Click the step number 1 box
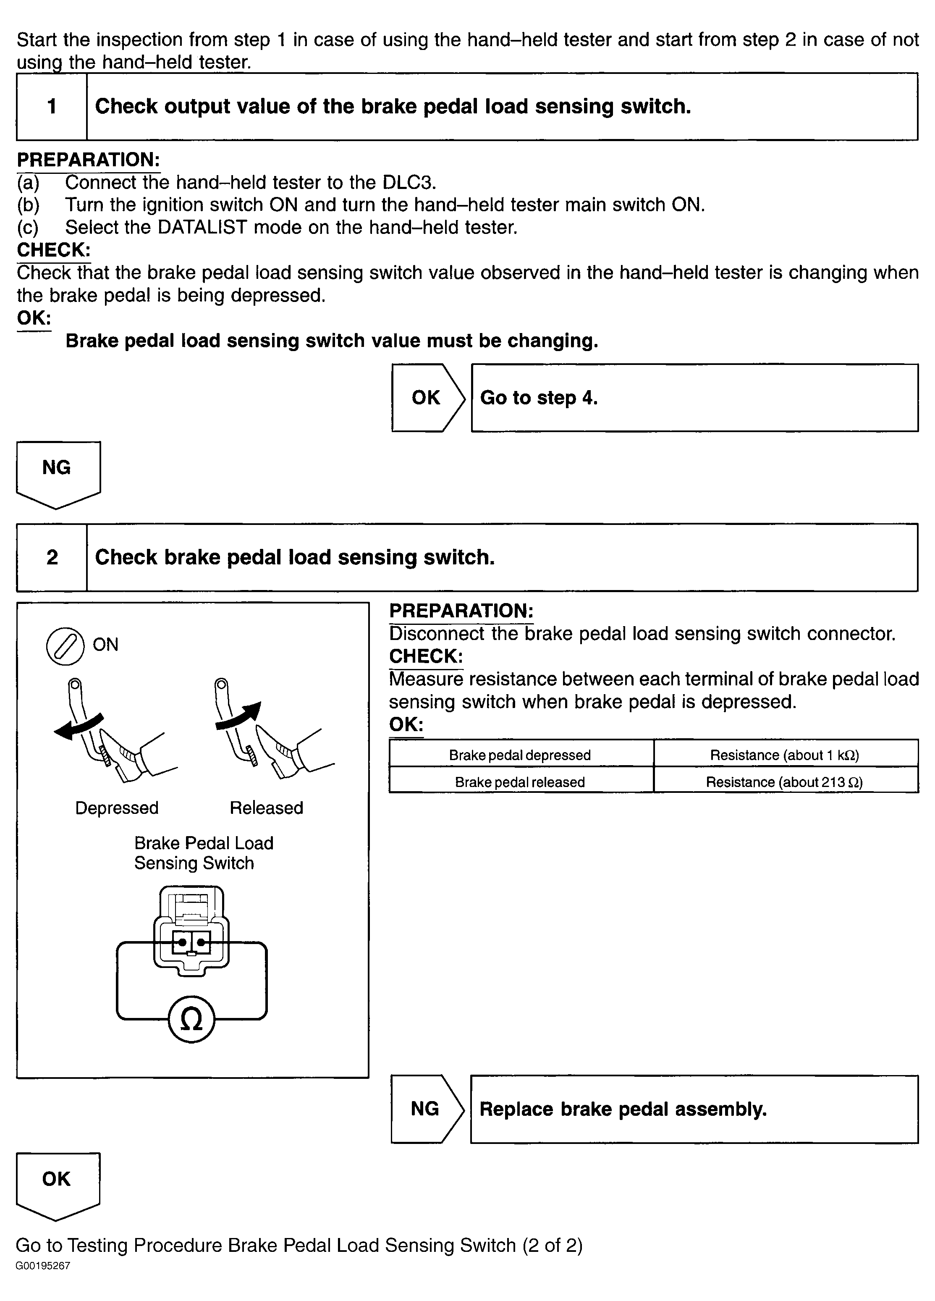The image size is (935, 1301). [x=52, y=107]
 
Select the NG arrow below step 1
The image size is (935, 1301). [x=58, y=472]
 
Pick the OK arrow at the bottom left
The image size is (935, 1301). [x=58, y=1183]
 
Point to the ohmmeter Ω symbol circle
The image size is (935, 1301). [x=191, y=1019]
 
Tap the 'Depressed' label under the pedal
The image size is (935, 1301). [x=116, y=808]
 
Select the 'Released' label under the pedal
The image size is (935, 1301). [x=266, y=808]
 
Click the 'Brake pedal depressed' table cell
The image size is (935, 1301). [x=520, y=755]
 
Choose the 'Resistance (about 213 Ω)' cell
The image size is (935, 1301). [x=784, y=782]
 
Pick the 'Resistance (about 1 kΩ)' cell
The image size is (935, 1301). [x=784, y=755]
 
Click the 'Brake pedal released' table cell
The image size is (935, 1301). [x=520, y=782]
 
